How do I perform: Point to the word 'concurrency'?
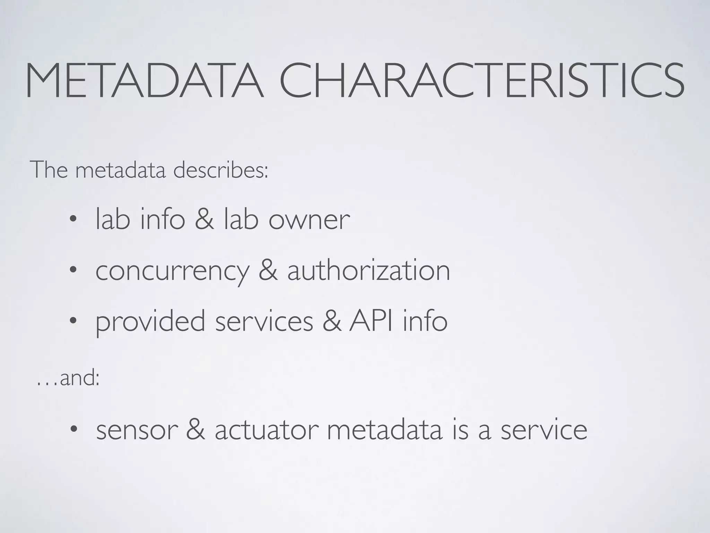pos(172,271)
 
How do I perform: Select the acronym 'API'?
pos(371,321)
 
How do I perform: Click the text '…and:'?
pos(68,378)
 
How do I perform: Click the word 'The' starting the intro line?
pos(49,170)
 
